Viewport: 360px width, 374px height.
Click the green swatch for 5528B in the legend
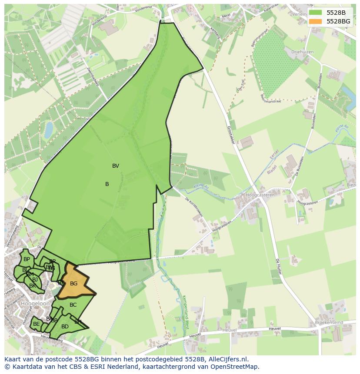(x=316, y=13)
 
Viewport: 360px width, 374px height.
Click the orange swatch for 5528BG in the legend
(x=316, y=21)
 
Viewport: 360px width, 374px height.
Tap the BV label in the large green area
(x=116, y=166)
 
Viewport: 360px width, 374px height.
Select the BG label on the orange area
(x=74, y=284)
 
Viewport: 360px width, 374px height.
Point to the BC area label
(x=73, y=305)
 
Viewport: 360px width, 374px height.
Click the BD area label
(x=65, y=327)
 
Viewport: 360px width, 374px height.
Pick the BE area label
(x=37, y=324)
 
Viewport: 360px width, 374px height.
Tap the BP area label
(x=27, y=259)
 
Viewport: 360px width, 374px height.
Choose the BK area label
(x=33, y=286)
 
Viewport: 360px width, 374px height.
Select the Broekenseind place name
(x=328, y=323)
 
